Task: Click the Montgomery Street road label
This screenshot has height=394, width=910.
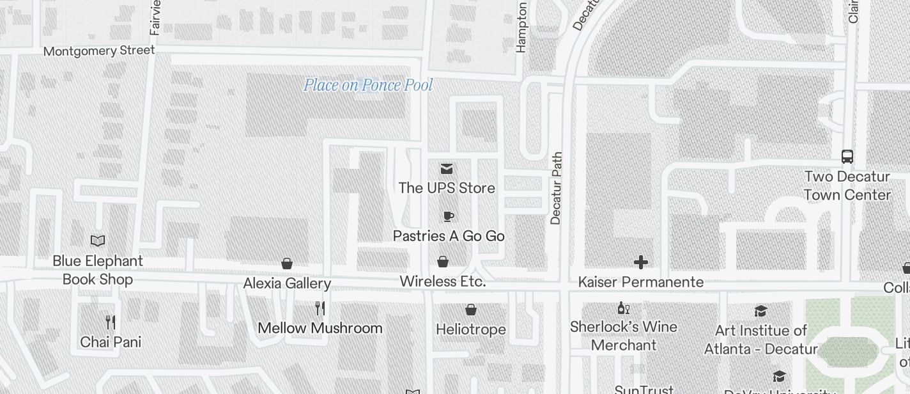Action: pos(99,51)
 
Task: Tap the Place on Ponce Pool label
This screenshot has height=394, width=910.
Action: pos(368,85)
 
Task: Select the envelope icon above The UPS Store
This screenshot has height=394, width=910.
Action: pos(447,169)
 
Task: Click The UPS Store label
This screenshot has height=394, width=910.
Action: pos(447,188)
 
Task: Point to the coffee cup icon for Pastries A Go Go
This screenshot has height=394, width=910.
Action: pos(448,216)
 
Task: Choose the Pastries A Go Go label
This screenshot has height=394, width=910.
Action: pos(449,236)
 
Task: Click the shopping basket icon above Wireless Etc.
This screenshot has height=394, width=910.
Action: pos(442,262)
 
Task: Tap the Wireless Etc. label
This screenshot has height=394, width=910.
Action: pos(442,281)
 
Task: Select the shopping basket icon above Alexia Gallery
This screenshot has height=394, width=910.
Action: pos(287,264)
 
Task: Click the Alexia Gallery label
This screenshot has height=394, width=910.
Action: pos(287,283)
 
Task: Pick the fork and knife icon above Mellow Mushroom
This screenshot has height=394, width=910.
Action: pos(320,308)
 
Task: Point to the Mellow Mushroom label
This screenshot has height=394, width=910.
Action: pos(320,328)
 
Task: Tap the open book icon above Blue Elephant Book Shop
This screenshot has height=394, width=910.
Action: pos(98,240)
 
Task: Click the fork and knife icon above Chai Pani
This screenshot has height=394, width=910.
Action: pos(111,322)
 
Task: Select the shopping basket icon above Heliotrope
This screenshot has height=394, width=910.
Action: pos(471,310)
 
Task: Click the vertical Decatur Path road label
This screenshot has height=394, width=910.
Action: pos(555,188)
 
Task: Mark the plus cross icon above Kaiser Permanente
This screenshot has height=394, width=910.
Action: pos(640,262)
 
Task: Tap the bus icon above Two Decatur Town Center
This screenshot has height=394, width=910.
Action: pos(847,157)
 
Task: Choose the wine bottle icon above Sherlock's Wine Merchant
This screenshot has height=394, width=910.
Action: pos(623,308)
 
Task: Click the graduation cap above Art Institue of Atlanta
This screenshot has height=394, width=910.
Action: pos(760,311)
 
